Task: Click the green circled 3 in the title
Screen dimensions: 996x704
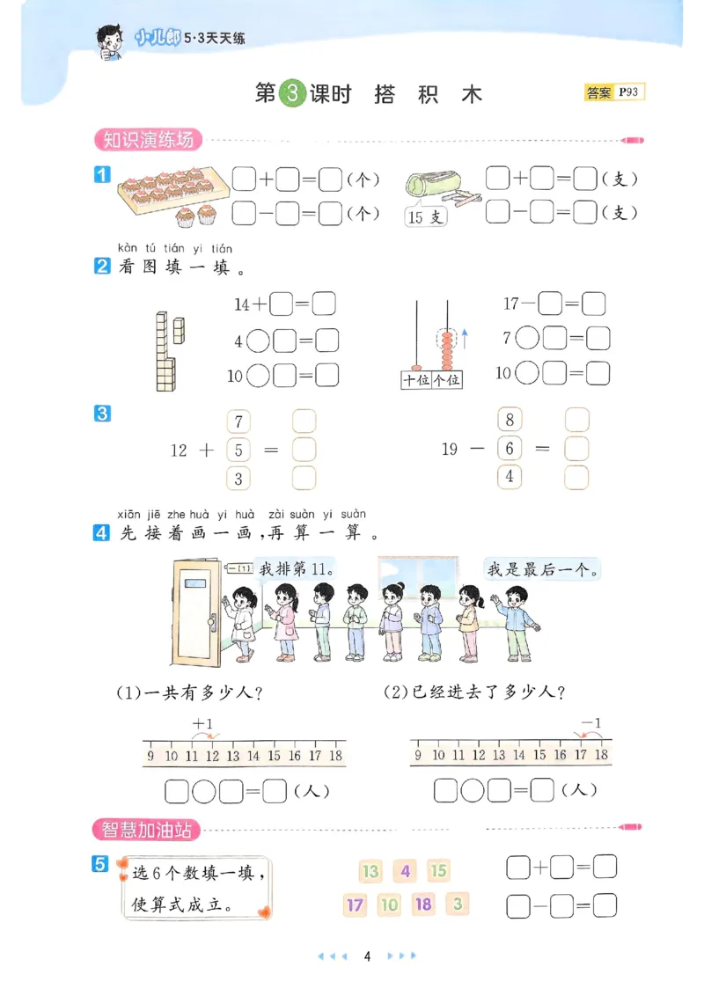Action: (292, 93)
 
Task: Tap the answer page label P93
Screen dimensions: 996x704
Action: (630, 92)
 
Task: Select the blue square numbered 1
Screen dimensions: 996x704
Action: (102, 175)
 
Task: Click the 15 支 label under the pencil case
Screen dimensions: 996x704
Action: (425, 216)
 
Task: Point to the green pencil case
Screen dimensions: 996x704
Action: (429, 185)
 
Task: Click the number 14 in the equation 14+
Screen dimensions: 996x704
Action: (242, 304)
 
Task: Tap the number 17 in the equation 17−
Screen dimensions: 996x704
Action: (511, 304)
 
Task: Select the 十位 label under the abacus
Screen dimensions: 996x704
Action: (416, 380)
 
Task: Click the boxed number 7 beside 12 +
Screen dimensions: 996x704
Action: (238, 421)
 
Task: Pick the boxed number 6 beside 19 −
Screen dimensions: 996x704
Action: (510, 449)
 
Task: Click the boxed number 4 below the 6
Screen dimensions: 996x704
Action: (510, 477)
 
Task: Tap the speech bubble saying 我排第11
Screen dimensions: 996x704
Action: (296, 568)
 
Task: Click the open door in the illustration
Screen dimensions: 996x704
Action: (195, 612)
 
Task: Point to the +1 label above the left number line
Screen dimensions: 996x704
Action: (203, 724)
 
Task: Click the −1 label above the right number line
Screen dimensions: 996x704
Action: (591, 723)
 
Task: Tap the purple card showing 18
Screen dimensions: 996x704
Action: (423, 904)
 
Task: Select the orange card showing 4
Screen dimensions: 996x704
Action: (405, 871)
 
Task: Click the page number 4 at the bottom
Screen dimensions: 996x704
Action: (367, 956)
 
